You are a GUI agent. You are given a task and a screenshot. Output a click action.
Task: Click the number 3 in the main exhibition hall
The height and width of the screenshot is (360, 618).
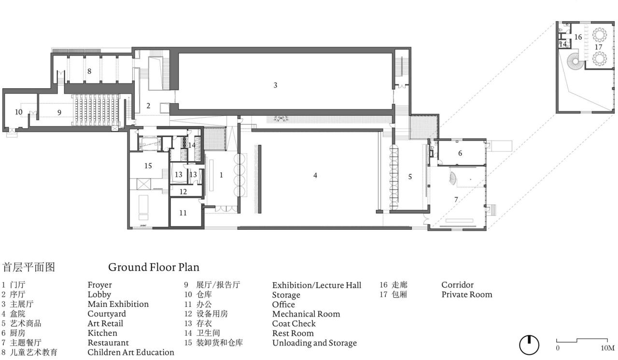pos(275,85)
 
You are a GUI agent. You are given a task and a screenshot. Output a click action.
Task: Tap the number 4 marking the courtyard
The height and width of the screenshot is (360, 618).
pos(315,176)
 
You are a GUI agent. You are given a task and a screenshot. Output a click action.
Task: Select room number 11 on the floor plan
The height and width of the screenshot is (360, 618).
pos(183,213)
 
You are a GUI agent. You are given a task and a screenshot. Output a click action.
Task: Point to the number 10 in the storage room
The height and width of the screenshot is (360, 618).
pos(18,112)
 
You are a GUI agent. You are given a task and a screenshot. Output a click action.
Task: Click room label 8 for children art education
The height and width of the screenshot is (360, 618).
pos(89,71)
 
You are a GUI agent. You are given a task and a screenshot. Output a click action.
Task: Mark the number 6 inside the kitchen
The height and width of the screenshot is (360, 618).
pos(460,153)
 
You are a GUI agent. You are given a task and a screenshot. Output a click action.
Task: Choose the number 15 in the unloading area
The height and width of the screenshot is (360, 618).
pos(148,166)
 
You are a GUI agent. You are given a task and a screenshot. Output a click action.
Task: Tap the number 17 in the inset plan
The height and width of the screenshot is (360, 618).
pos(599,47)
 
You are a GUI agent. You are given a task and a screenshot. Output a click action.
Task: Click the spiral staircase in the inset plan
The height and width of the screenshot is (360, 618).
pos(575,61)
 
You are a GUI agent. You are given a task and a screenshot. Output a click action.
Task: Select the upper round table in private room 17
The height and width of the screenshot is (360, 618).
pos(600,35)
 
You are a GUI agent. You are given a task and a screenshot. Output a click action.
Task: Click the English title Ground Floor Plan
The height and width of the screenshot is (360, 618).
pos(154,267)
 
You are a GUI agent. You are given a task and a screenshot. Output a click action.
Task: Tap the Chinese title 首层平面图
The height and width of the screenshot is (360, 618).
pos(29,267)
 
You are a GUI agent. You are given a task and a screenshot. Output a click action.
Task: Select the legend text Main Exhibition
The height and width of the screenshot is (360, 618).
pos(118,304)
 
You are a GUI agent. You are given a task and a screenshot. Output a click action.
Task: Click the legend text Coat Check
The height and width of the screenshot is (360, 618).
pos(294,323)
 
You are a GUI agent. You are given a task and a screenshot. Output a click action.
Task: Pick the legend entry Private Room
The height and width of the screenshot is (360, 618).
pos(466,294)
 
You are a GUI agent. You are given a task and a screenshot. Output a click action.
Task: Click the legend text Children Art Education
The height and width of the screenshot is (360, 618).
pos(130,352)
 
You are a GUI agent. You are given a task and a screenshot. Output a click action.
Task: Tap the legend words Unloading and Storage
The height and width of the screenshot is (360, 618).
pos(314,343)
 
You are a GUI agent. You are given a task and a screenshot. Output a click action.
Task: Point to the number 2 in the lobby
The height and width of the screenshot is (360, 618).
pos(149,106)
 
